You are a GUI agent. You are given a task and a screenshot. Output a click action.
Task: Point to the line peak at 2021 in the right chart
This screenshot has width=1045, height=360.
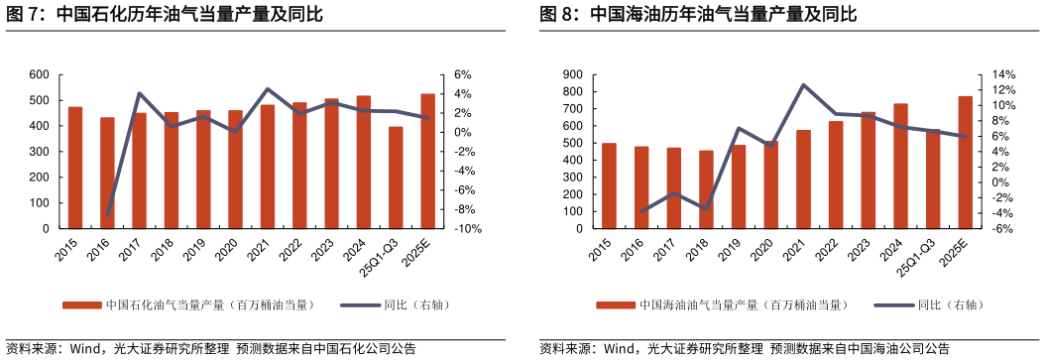[x=803, y=85]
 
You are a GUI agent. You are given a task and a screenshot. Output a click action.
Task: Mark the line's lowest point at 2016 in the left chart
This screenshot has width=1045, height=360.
[x=107, y=214]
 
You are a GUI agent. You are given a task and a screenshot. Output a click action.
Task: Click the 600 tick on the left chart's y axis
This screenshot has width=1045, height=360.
[x=40, y=74]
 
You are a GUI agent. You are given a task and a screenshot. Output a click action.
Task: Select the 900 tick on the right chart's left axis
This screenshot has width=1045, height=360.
[x=573, y=74]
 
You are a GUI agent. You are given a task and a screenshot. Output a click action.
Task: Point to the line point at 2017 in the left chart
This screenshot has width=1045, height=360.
[x=140, y=94]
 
